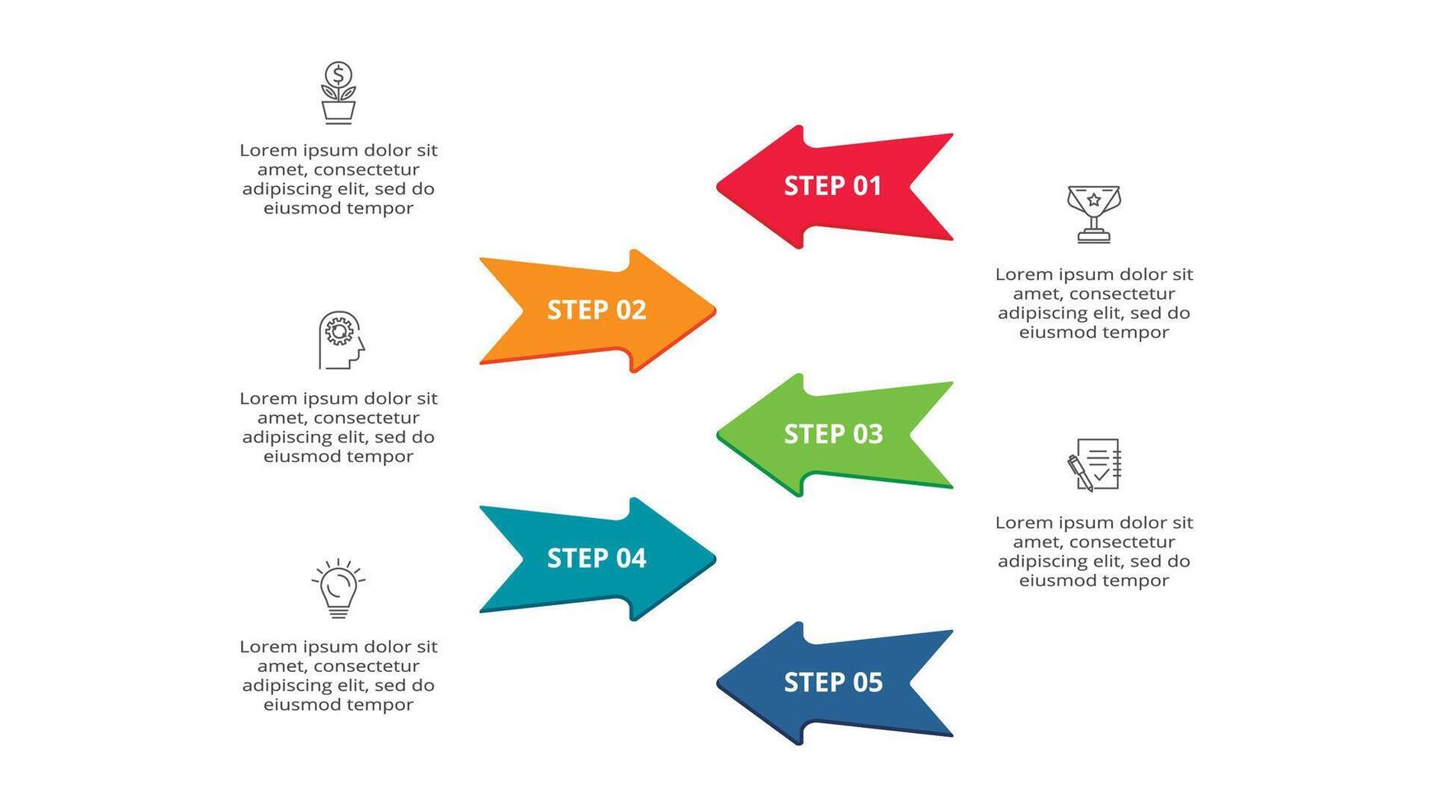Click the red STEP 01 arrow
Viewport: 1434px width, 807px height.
tap(831, 187)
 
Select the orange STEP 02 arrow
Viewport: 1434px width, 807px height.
tap(597, 310)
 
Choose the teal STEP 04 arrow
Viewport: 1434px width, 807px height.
tap(597, 559)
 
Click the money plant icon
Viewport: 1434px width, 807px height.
tap(338, 93)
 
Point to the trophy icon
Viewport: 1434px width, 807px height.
tap(1094, 214)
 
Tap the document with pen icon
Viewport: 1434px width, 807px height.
tap(1094, 464)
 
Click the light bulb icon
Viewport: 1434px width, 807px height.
tap(338, 588)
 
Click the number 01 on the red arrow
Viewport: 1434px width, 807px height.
tap(866, 186)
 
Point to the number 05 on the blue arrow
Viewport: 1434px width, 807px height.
tap(867, 683)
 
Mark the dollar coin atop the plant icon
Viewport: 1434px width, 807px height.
tap(338, 74)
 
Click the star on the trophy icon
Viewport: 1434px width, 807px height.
tap(1094, 199)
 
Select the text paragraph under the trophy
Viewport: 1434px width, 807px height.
tap(1094, 303)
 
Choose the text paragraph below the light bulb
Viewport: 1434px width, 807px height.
tap(338, 675)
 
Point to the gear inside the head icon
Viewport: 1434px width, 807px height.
tap(338, 332)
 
